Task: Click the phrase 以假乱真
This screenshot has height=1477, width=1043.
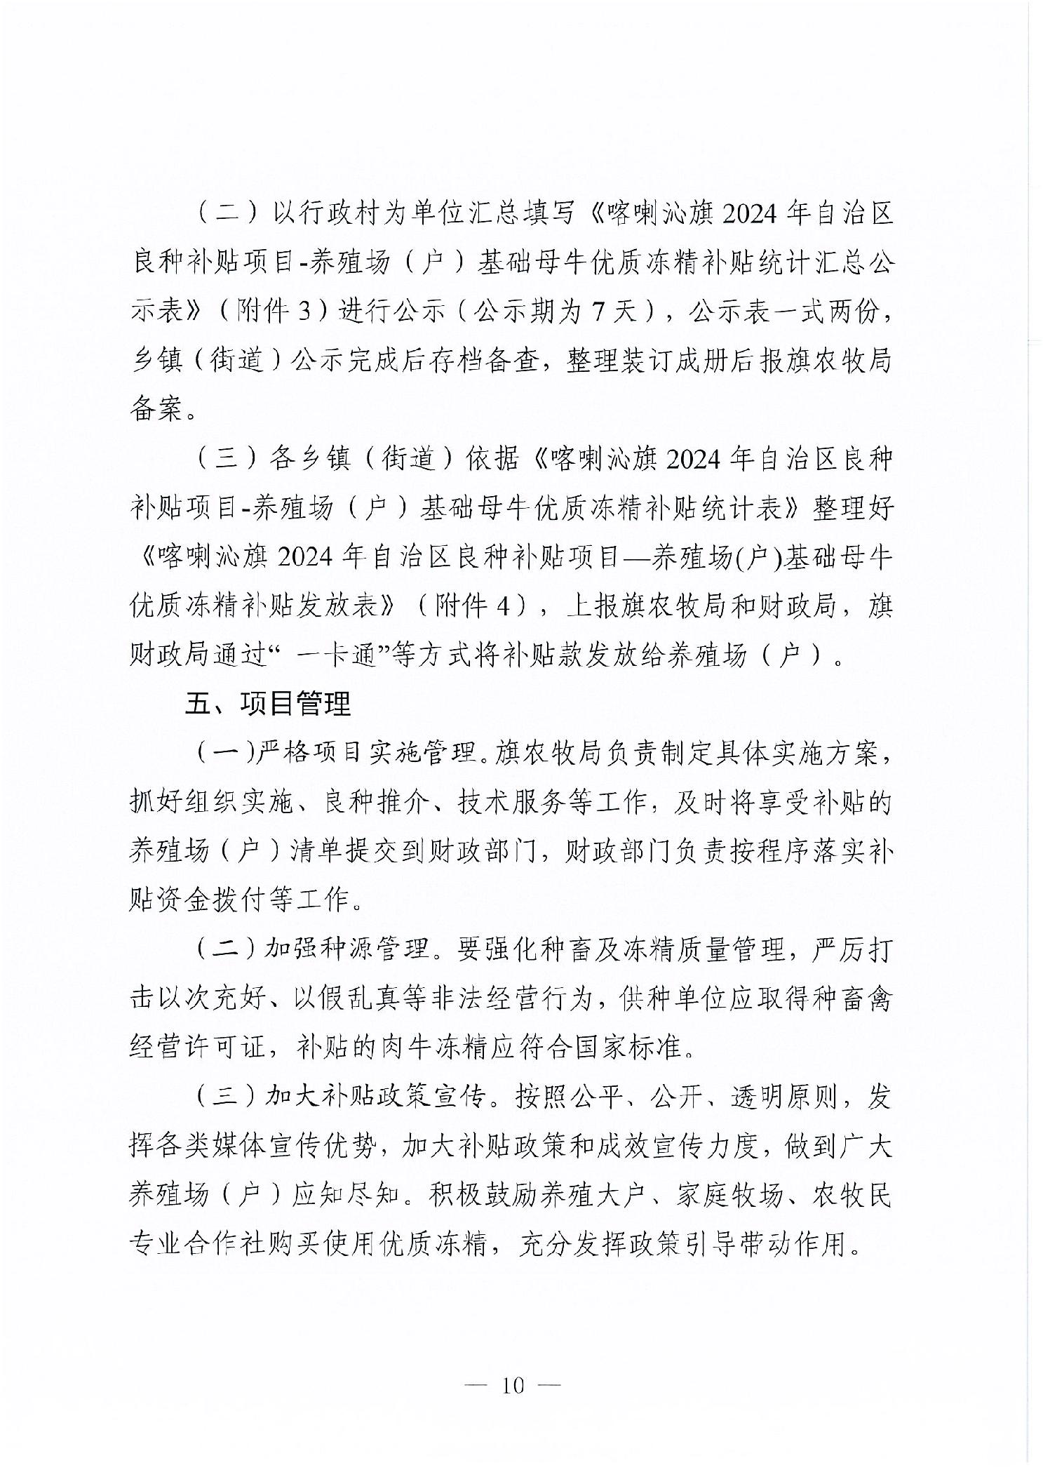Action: click(344, 998)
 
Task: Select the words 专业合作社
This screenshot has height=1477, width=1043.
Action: click(198, 1243)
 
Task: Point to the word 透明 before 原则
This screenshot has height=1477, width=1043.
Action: click(757, 1096)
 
